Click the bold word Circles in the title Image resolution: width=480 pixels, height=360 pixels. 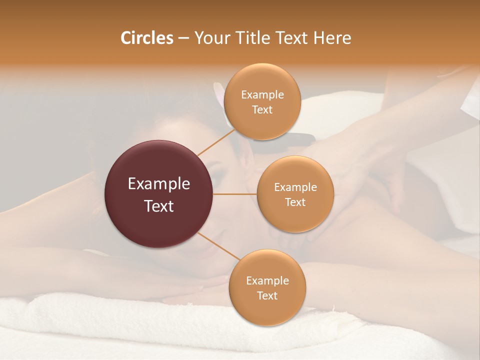147,38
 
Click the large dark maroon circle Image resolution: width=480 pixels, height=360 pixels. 159,194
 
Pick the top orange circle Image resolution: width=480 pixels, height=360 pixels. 262,102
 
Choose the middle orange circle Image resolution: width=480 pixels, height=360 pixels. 295,194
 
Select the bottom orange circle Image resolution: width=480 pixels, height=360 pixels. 267,288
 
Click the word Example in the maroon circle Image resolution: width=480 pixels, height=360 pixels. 159,184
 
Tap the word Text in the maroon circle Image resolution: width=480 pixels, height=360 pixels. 159,206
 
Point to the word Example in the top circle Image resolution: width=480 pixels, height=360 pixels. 262,95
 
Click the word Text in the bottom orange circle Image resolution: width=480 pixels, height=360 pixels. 267,295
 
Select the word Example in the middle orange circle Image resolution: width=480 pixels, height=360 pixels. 295,187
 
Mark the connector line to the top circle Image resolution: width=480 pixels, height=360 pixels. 216,141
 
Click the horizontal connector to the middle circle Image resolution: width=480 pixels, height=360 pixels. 235,194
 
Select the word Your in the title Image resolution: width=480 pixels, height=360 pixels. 209,38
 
